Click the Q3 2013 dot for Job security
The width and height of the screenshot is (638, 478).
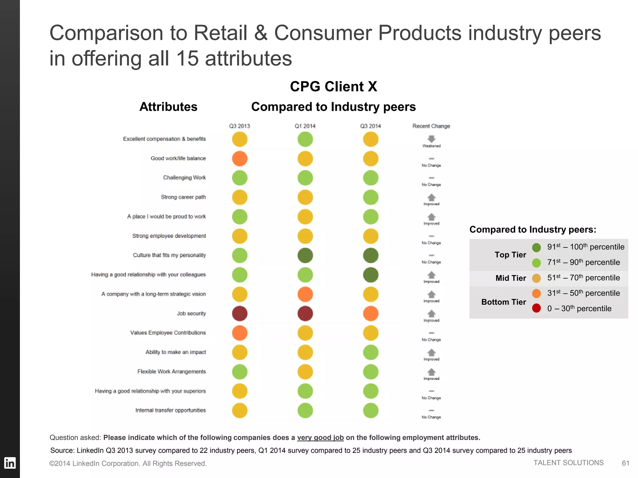coord(240,313)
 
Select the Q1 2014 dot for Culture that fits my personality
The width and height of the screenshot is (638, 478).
coord(305,255)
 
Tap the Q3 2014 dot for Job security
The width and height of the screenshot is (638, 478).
coord(370,313)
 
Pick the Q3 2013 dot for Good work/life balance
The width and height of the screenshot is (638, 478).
coord(240,159)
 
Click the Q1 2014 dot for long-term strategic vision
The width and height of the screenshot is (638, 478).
coord(305,294)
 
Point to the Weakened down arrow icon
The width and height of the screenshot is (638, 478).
coord(431,139)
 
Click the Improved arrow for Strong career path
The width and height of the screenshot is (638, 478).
coord(431,198)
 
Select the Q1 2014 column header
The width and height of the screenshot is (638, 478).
coord(305,126)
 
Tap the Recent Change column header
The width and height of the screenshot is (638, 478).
coord(431,126)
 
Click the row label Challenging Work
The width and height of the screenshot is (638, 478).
coord(184,178)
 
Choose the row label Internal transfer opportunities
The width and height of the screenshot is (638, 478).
coord(170,410)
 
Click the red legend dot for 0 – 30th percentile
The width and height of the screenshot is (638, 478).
coord(536,308)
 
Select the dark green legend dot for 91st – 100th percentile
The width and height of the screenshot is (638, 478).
coord(536,247)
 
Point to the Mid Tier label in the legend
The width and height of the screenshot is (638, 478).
coord(511,278)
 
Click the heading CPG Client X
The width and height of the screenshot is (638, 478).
coord(333,87)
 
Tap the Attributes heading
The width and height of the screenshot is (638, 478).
coord(168,107)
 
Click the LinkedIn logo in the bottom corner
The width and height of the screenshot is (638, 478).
coord(10,463)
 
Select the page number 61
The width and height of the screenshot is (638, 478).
coord(625,463)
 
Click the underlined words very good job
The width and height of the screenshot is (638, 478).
coord(320,438)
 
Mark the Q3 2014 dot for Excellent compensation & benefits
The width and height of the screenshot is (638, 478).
coord(370,139)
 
